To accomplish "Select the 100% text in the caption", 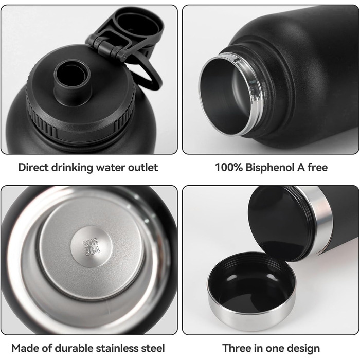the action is pyautogui.click(x=229, y=167).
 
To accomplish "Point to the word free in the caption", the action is pyautogui.click(x=317, y=167).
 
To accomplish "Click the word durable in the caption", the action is pyautogui.click(x=74, y=348).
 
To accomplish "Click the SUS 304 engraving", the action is pyautogui.click(x=91, y=246).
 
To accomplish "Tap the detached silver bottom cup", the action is pyautogui.click(x=251, y=291).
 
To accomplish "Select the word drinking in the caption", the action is pyautogui.click(x=72, y=168).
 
